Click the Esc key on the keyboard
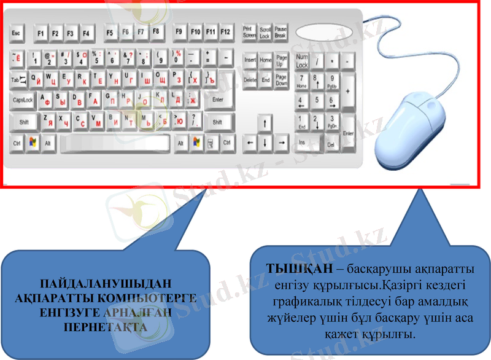pyautogui.click(x=16, y=32)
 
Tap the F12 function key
pyautogui.click(x=226, y=31)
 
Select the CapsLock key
pyautogui.click(x=23, y=100)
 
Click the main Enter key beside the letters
pyautogui.click(x=217, y=100)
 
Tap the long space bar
pyautogui.click(x=114, y=143)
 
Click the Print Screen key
pyautogui.click(x=249, y=32)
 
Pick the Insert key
pyautogui.click(x=250, y=60)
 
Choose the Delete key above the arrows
pyautogui.click(x=250, y=80)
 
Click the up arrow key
pyautogui.click(x=265, y=122)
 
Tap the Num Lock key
pyautogui.click(x=301, y=60)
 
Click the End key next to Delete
pyautogui.click(x=265, y=80)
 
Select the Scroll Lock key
pyautogui.click(x=265, y=32)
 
